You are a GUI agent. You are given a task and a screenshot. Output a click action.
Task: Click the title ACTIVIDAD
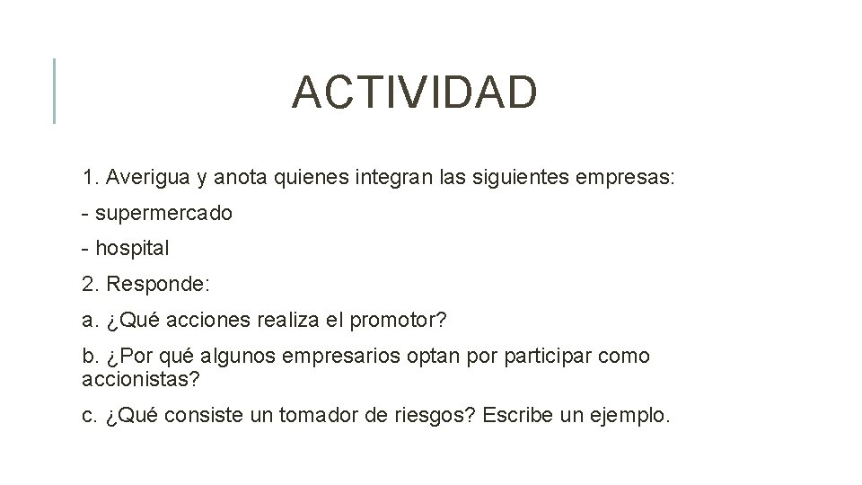pyautogui.click(x=414, y=93)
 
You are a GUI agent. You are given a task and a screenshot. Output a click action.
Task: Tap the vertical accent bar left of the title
pyautogui.click(x=54, y=90)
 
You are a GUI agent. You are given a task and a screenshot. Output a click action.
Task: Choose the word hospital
pyautogui.click(x=132, y=248)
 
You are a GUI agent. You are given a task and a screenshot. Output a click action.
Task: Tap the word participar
pyautogui.click(x=540, y=356)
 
